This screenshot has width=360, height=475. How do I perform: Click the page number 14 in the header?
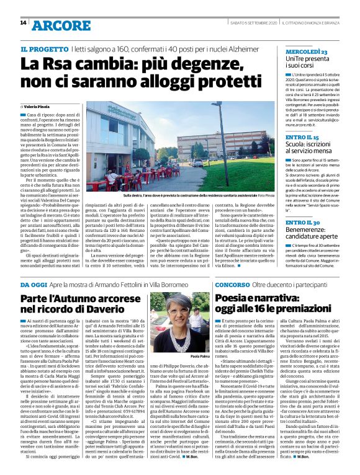click(x=23, y=23)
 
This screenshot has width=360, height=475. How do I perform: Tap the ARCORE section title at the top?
click(x=61, y=25)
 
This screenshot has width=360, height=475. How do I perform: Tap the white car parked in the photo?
click(x=197, y=162)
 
